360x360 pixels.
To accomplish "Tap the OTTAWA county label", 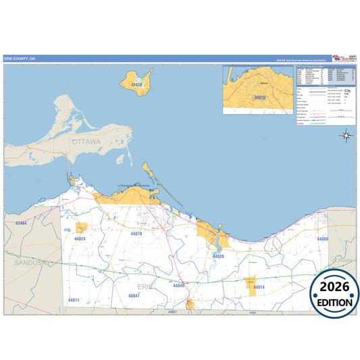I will click(86, 143).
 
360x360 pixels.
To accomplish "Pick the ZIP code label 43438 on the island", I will click(136, 84).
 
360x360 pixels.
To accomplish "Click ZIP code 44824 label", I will click(80, 239).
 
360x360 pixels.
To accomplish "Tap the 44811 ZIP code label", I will click(74, 300).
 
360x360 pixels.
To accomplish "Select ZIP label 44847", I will click(134, 296).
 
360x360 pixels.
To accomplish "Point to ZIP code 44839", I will click(218, 256).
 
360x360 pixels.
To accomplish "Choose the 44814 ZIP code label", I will click(259, 288).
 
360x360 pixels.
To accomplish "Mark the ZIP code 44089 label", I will click(322, 239).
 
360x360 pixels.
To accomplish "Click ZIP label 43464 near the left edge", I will click(20, 223).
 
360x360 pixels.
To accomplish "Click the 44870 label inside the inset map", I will click(259, 98).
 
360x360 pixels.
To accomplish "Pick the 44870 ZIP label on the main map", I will click(136, 234).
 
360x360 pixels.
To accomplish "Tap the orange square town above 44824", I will click(82, 228).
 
